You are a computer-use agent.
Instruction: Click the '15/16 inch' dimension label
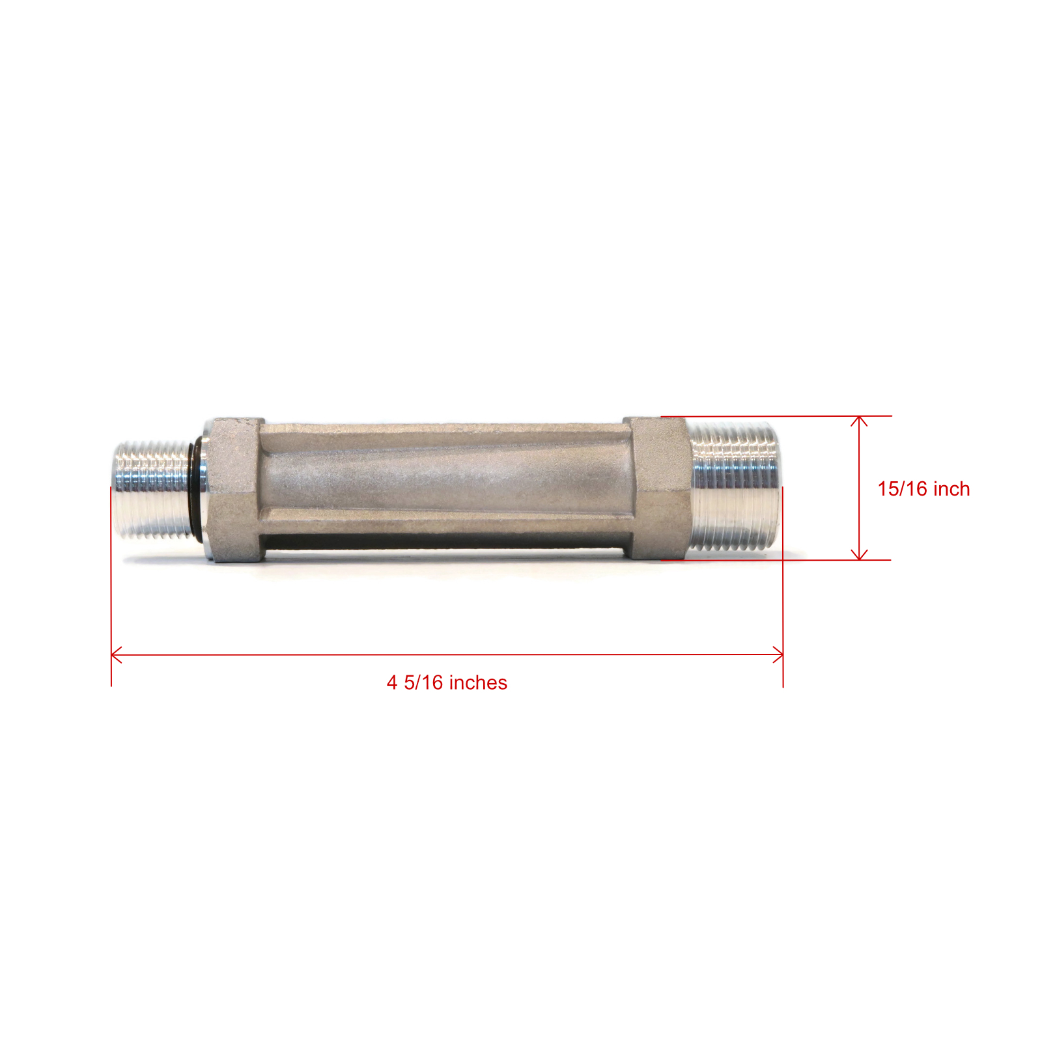click(923, 489)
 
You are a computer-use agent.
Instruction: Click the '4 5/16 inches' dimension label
click(447, 683)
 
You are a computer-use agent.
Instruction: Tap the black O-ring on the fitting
click(193, 490)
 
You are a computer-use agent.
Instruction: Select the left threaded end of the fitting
click(153, 490)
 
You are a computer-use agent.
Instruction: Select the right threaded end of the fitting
click(733, 486)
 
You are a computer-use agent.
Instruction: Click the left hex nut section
click(234, 490)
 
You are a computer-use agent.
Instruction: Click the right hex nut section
click(655, 488)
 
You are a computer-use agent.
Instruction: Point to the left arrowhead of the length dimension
click(117, 655)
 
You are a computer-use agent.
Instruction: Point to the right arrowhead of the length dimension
click(778, 655)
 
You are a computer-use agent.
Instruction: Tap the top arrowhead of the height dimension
click(860, 421)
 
